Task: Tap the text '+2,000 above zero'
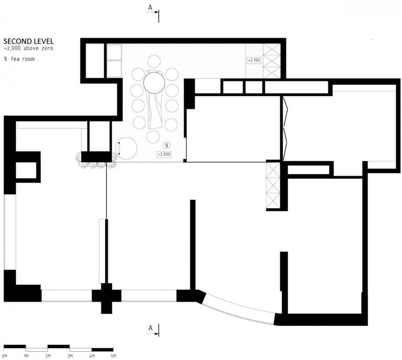click(x=28, y=48)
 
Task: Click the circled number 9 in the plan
click(x=166, y=144)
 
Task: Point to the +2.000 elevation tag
click(x=164, y=154)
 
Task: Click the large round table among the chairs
click(x=155, y=83)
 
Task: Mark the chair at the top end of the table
click(x=155, y=61)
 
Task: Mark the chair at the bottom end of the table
click(x=153, y=136)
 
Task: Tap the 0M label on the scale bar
click(x=5, y=356)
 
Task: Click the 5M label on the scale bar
click(x=113, y=356)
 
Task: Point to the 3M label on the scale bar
click(x=69, y=356)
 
